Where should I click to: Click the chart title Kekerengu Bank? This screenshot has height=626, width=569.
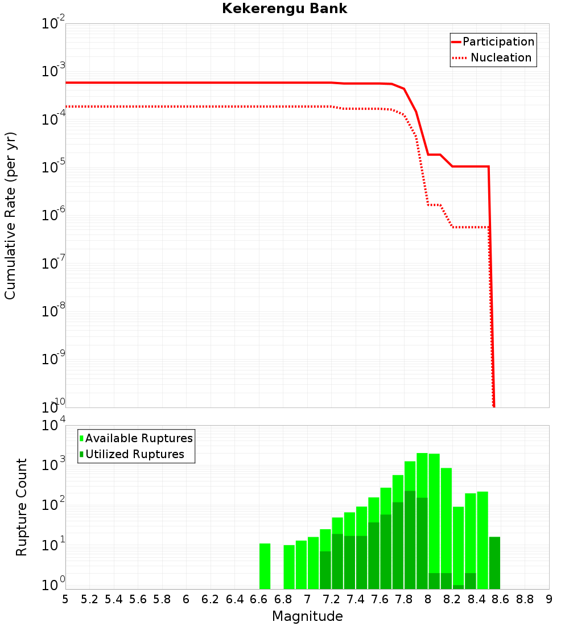284,9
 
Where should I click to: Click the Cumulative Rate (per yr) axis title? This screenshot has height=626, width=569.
10,215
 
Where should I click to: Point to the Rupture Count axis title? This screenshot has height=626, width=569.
22,507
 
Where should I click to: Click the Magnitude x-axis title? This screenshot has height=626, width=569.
307,616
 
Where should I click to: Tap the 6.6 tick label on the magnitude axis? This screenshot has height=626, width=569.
259,599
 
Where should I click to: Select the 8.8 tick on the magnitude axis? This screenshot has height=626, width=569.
525,599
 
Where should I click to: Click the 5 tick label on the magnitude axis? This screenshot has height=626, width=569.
65,599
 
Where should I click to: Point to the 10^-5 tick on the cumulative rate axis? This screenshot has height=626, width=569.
53,168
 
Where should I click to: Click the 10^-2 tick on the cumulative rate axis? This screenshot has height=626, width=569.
53,24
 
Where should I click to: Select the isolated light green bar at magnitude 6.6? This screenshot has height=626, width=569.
265,566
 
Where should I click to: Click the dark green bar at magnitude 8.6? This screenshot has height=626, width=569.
494,563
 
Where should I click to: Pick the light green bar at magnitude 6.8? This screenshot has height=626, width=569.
289,567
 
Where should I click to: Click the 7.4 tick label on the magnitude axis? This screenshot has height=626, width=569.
356,599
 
